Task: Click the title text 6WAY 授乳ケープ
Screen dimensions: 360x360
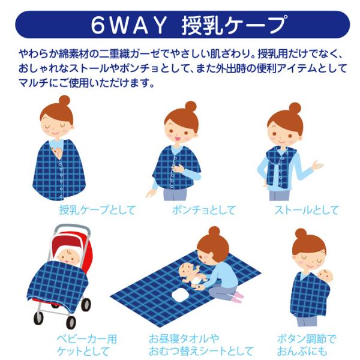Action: point(189,25)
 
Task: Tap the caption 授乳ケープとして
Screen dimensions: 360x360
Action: point(97,210)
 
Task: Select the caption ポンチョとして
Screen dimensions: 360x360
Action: point(204,210)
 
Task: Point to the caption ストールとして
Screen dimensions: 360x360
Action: point(307,210)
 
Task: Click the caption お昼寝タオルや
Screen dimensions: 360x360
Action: point(184,339)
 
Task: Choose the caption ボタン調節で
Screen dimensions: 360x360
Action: point(306,339)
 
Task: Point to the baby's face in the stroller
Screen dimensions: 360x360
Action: point(68,257)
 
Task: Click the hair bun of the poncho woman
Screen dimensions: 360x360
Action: point(191,107)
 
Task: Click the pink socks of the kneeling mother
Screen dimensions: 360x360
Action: point(238,297)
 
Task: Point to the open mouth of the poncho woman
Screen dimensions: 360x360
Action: point(178,139)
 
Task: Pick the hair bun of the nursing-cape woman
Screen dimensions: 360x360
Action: point(65,101)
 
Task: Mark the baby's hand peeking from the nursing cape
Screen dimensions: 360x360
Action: point(57,152)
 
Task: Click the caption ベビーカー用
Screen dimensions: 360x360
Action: point(87,339)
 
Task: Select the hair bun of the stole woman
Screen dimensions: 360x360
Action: point(295,108)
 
